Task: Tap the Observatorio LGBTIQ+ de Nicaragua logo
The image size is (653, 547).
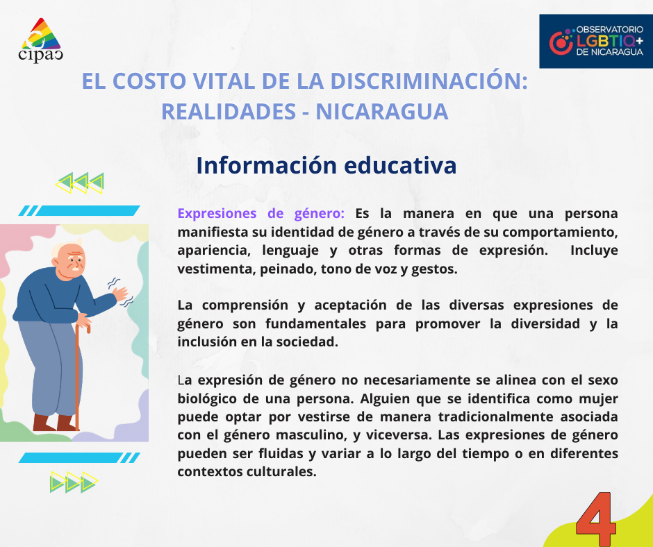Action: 595,42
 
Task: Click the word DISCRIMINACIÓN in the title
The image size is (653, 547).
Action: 427,81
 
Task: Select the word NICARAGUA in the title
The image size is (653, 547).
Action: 382,111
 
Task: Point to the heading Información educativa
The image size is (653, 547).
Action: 326,166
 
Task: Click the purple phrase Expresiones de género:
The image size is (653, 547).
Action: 261,213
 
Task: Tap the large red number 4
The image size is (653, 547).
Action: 596,520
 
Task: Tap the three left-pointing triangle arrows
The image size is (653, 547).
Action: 80,183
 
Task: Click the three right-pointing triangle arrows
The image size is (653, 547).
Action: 74,482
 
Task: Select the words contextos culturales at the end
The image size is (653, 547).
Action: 247,471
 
